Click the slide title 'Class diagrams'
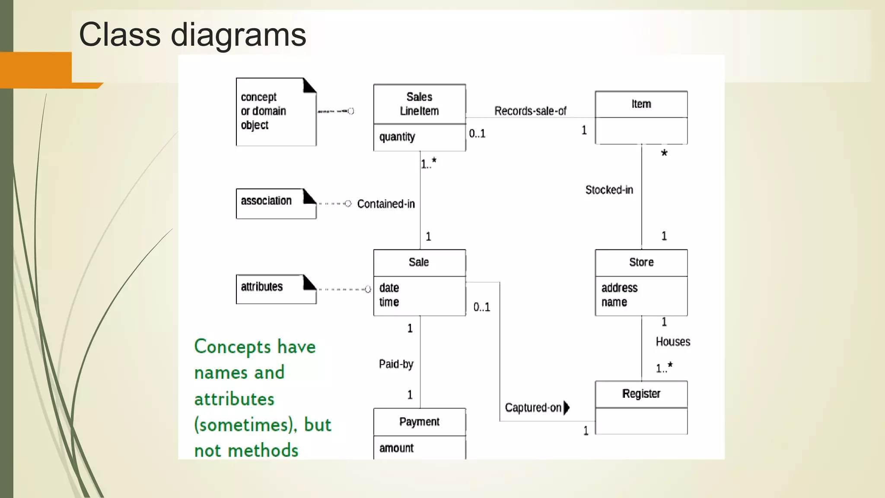[x=192, y=35]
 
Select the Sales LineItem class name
[x=419, y=104]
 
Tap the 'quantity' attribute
[x=397, y=137]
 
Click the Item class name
[x=641, y=104]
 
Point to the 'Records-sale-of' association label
[x=530, y=111]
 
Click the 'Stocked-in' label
[x=609, y=190]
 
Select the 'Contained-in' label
[x=386, y=204]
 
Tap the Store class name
[x=641, y=262]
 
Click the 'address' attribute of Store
[x=619, y=288]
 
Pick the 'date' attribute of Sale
[x=389, y=288]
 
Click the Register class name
[x=641, y=394]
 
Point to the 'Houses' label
[x=673, y=342]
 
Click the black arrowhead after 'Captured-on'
[x=567, y=408]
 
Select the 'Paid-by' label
[x=396, y=364]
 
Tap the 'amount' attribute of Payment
[x=396, y=448]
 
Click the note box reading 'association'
[x=276, y=204]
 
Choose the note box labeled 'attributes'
[x=276, y=289]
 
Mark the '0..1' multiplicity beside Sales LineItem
[x=477, y=134]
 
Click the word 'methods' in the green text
[x=263, y=450]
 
